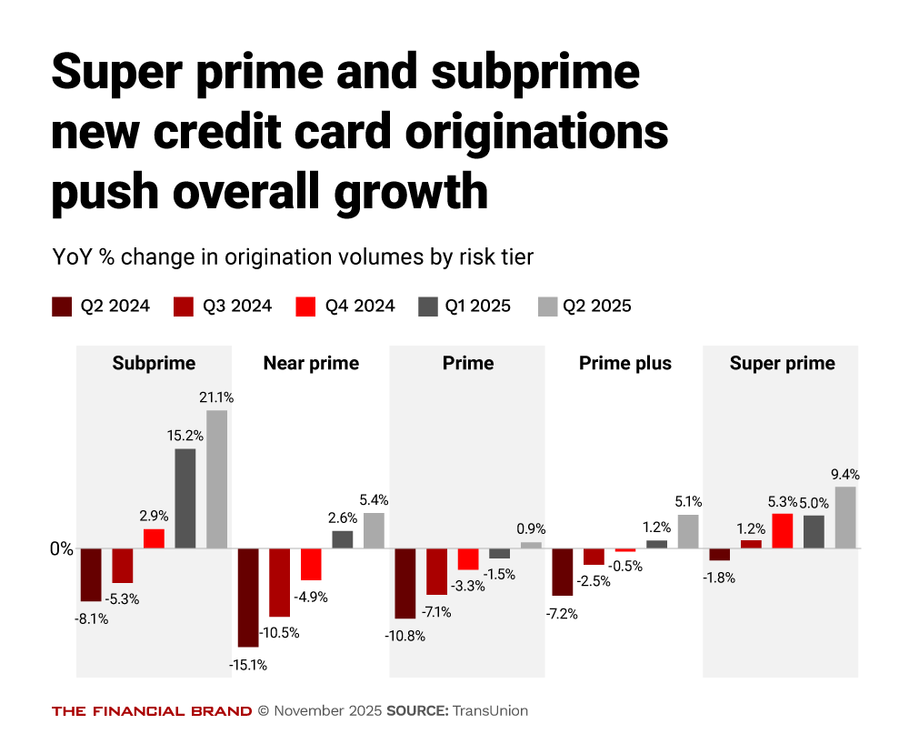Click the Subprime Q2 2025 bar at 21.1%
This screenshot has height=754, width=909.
point(216,479)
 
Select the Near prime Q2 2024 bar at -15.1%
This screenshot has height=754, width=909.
point(248,598)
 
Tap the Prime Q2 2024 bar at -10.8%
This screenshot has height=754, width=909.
point(405,583)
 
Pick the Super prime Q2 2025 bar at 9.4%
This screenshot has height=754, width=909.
point(845,518)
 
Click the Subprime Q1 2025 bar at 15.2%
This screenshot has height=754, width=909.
point(185,498)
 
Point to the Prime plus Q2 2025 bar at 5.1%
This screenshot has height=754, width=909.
point(688,531)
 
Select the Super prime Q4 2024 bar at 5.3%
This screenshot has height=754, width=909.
point(783,531)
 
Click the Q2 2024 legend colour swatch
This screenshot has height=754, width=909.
point(63,306)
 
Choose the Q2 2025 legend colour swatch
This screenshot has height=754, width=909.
point(549,306)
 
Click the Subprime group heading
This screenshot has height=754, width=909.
point(154,364)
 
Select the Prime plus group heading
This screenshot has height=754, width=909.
point(625,364)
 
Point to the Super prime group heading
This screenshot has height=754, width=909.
point(782,364)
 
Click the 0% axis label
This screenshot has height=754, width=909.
point(61,549)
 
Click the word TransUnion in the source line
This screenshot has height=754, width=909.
point(490,711)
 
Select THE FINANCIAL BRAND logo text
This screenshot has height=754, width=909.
point(152,711)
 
